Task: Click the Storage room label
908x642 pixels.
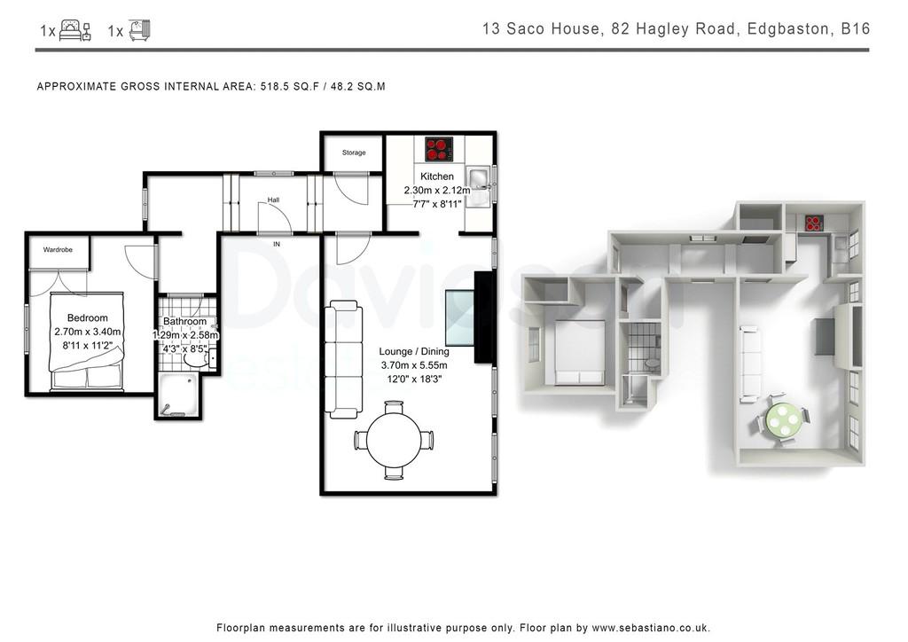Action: click(x=354, y=153)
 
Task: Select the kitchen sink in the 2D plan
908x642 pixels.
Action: click(x=480, y=185)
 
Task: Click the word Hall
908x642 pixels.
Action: click(x=273, y=200)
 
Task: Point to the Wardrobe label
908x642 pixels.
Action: click(x=58, y=250)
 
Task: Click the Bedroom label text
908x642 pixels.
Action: click(x=88, y=317)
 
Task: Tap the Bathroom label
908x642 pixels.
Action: click(x=184, y=321)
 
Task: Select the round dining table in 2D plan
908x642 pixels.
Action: click(x=394, y=440)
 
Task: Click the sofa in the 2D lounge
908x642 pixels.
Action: click(x=343, y=359)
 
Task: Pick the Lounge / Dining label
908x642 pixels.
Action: click(x=414, y=351)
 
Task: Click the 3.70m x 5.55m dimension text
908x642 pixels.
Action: click(x=414, y=365)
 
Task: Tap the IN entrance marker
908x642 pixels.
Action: click(x=277, y=244)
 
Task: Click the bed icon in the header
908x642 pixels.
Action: click(x=75, y=30)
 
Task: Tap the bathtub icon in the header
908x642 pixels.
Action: click(x=139, y=30)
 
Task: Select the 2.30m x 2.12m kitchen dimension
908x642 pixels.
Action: click(x=437, y=190)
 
